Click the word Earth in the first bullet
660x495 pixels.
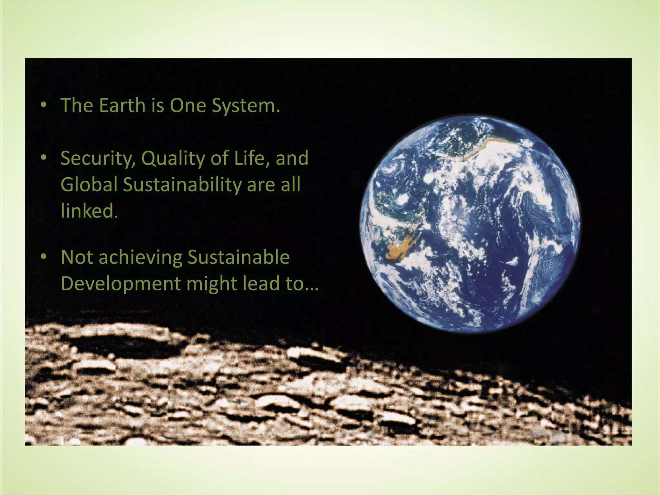tap(122, 105)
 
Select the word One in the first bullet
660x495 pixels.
tap(188, 105)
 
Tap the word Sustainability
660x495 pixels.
tap(182, 185)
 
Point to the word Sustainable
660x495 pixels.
tap(238, 257)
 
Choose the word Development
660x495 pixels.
tap(121, 284)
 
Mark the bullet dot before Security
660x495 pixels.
tap(44, 158)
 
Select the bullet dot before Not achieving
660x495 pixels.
tap(44, 257)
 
